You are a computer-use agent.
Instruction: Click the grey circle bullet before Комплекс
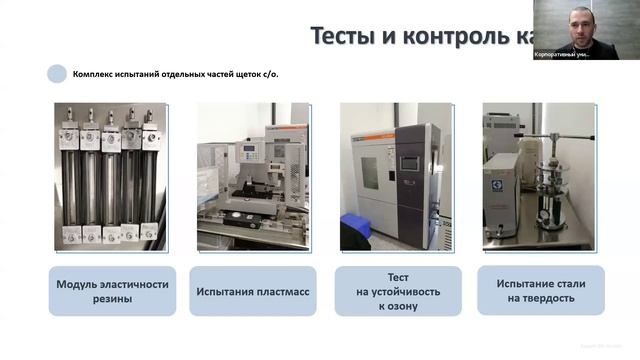[x=57, y=73]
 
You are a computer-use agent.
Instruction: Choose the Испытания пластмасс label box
[x=253, y=290]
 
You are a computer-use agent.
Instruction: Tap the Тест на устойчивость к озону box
[x=398, y=290]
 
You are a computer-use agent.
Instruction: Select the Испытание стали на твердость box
[x=541, y=290]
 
